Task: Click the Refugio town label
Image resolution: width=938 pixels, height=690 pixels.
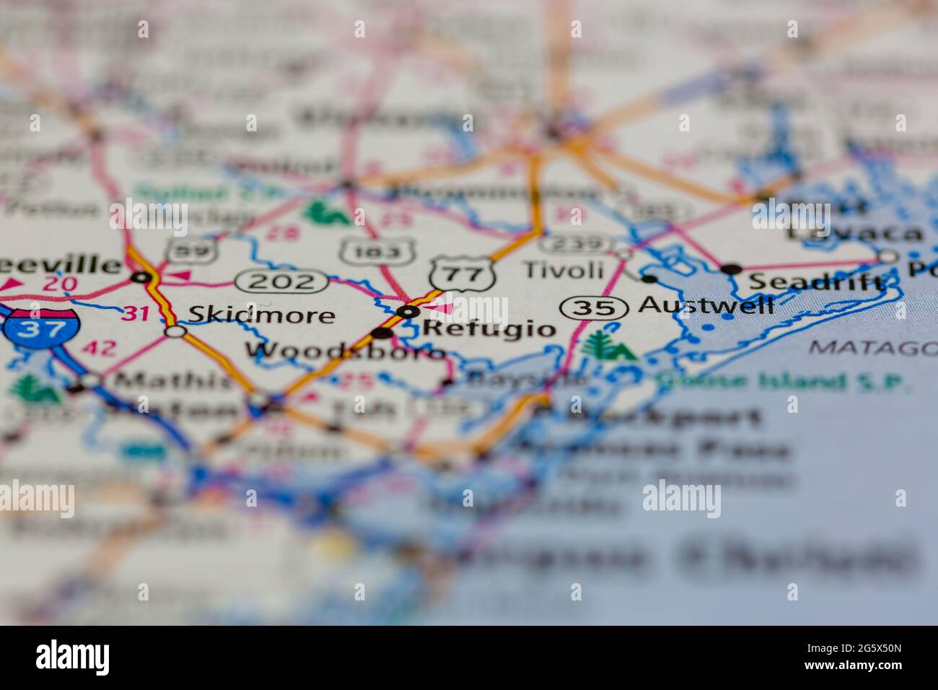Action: point(488,330)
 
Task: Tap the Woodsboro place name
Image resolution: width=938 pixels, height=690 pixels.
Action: point(345,351)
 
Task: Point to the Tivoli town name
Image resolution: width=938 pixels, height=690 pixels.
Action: point(562,270)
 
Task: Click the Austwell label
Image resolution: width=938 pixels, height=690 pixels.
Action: point(706,305)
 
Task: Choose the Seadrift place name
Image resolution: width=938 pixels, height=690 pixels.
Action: point(815,282)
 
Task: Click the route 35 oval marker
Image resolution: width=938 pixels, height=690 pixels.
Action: point(593,308)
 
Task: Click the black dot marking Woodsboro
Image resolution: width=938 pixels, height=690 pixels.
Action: point(382,333)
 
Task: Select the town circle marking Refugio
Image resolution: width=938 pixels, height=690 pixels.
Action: point(408,312)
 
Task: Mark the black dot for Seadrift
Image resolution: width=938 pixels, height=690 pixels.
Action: point(732,268)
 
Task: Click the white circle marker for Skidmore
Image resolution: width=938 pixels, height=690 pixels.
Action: point(175,331)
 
